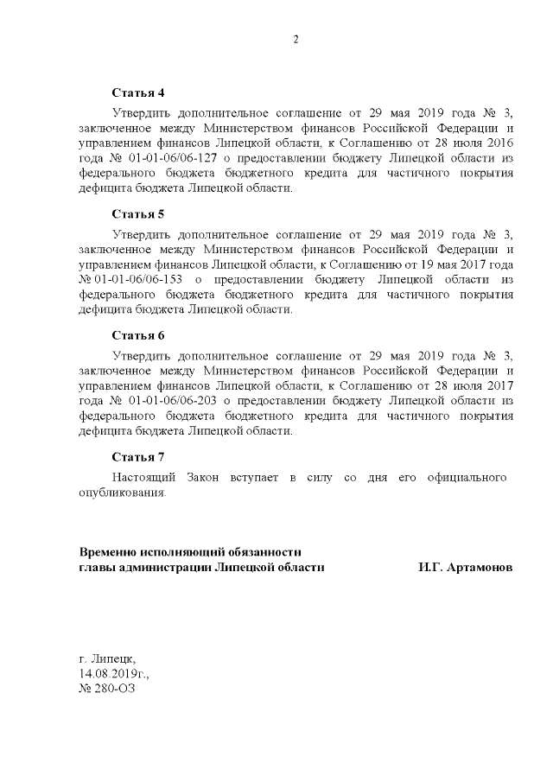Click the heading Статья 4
(137, 92)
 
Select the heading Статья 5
(137, 213)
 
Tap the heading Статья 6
(137, 334)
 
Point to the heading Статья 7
(137, 455)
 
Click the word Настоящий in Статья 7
(144, 477)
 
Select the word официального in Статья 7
(467, 477)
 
